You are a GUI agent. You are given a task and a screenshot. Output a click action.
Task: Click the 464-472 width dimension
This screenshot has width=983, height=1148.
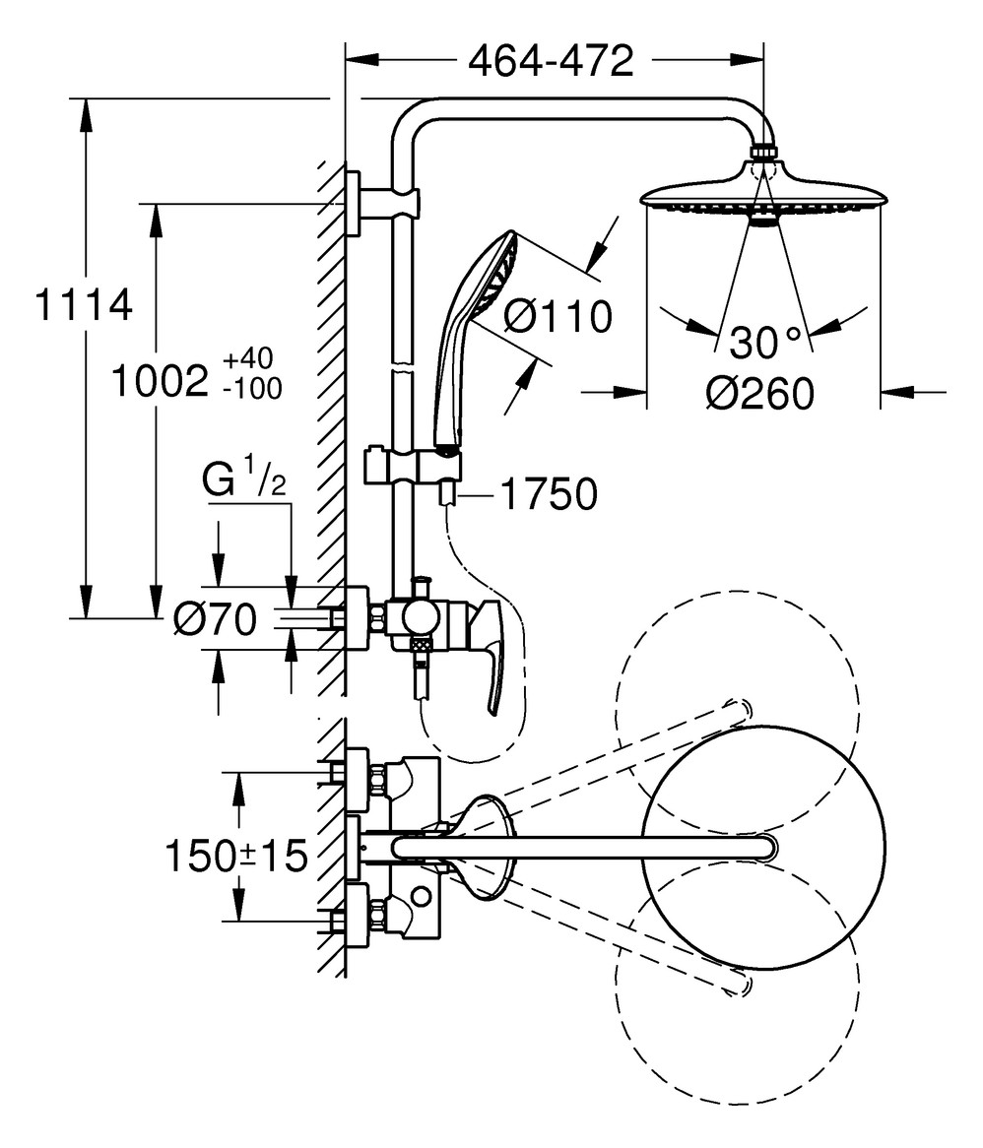[x=550, y=62]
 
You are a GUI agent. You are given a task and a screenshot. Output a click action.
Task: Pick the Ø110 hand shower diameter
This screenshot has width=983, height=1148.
[x=557, y=317]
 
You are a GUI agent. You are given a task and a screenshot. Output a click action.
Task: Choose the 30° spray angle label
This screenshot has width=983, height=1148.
[x=765, y=345]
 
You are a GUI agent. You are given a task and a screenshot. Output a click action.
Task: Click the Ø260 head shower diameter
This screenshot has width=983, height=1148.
[x=759, y=394]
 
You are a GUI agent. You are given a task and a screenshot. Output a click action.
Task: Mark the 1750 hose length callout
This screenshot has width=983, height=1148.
[x=550, y=495]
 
